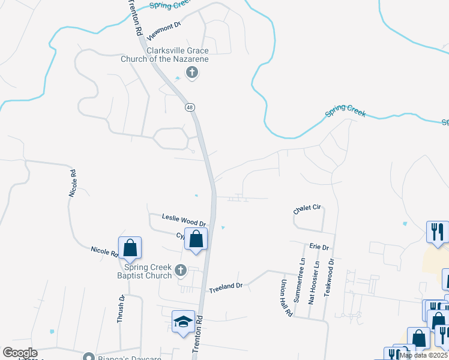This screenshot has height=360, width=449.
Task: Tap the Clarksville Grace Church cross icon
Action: click(x=192, y=73)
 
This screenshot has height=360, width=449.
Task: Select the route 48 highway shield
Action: click(x=190, y=107)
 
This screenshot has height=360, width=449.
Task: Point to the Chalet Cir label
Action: click(x=307, y=208)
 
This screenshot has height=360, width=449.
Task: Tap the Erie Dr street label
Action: click(x=319, y=247)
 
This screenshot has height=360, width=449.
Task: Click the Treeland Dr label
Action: click(x=225, y=287)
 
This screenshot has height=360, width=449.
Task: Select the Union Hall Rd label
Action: click(x=287, y=298)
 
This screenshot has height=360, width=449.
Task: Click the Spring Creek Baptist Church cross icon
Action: click(x=179, y=271)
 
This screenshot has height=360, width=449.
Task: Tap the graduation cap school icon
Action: click(x=183, y=322)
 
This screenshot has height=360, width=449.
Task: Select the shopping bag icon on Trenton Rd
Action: click(x=196, y=239)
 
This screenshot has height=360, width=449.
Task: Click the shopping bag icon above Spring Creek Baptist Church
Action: click(x=130, y=247)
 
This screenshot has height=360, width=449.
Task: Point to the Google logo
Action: click(x=19, y=353)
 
